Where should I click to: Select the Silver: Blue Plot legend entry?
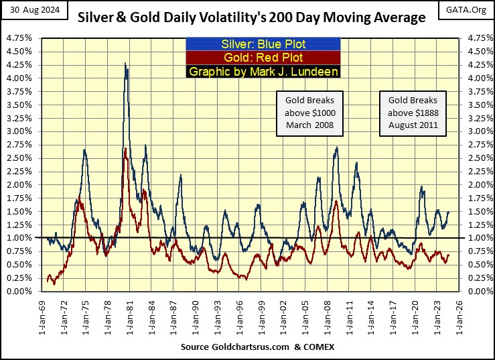(x=263, y=44)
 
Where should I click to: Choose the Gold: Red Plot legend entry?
(x=263, y=58)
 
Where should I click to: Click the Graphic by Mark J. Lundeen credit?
(x=263, y=71)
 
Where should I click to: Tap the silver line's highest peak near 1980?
(x=125, y=63)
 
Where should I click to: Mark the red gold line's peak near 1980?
(x=126, y=148)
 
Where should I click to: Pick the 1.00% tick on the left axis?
(x=21, y=238)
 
